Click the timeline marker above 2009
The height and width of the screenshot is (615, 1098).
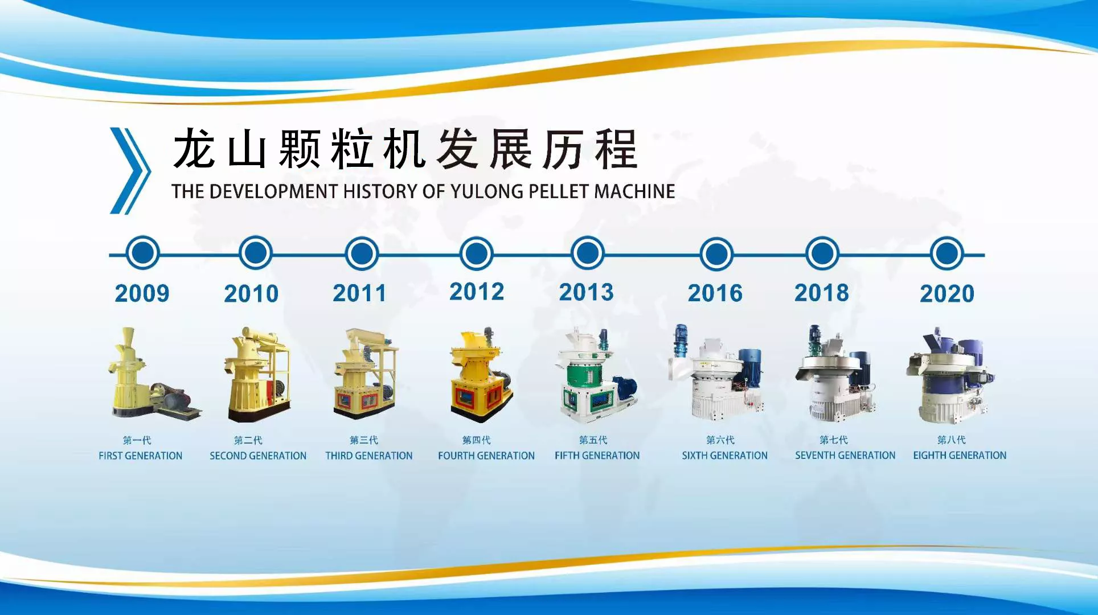coord(142,253)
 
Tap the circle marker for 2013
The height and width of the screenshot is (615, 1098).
coord(587,253)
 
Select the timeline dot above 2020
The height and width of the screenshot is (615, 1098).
coord(947,253)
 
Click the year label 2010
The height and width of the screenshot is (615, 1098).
coord(251,294)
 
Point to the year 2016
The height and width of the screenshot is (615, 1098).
coord(715,293)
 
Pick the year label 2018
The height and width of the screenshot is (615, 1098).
coord(822,293)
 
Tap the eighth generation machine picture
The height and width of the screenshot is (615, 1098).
coord(950,375)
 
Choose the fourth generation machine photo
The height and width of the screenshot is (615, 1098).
coord(482,375)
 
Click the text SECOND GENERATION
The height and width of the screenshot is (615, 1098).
coord(258,456)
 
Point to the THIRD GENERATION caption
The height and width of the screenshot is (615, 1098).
coord(369,456)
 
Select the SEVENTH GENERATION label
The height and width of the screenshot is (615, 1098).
coord(845,456)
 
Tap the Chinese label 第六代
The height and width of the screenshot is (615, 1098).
coord(720,440)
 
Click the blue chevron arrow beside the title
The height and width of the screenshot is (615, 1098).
coord(130,170)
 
